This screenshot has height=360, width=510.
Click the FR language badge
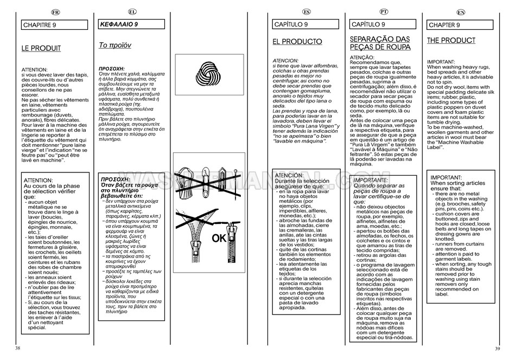pos(55,11)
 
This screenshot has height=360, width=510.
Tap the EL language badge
pos(132,11)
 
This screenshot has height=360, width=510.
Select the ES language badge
pos(307,11)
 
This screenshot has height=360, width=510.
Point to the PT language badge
pos(384,11)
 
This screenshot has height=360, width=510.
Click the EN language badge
pos(461,11)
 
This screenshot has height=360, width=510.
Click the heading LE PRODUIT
pos(41,48)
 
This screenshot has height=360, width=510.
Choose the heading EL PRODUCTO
pos(297,42)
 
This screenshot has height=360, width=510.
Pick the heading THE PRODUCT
pos(451,41)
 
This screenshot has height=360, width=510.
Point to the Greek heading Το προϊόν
pos(115,46)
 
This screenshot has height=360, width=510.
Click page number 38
pos(18,348)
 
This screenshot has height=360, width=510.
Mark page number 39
pos(497,348)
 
